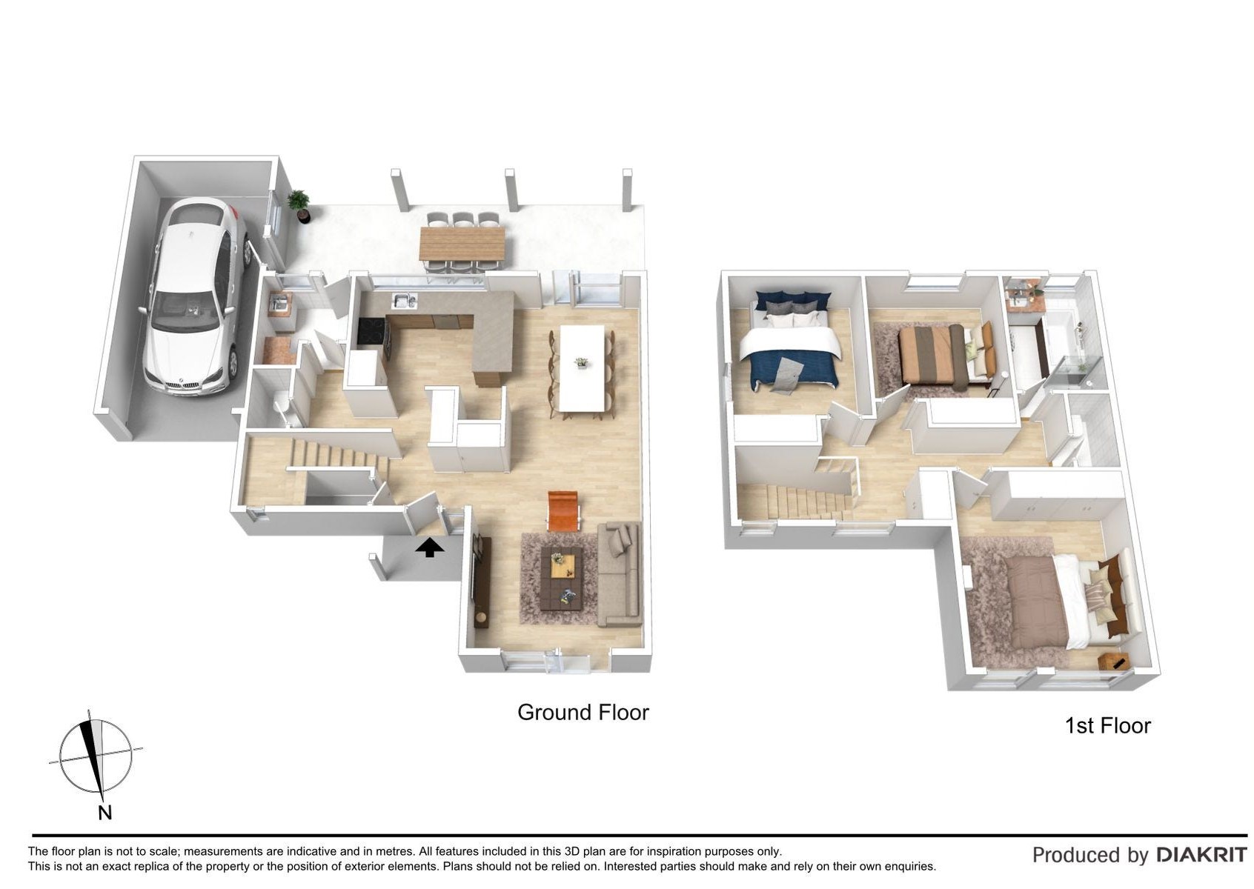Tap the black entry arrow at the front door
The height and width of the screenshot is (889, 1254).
(x=429, y=547)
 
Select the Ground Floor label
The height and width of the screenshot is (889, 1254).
(x=583, y=712)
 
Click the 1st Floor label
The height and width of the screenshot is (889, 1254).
(x=1107, y=725)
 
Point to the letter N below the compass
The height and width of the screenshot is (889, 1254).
(x=104, y=813)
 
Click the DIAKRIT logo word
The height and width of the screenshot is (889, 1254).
(x=1201, y=855)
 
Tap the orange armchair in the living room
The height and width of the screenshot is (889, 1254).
(x=564, y=510)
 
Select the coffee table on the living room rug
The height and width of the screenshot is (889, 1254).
(x=562, y=578)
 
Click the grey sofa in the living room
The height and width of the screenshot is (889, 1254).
(x=619, y=574)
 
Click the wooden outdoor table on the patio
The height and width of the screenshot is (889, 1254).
(x=462, y=244)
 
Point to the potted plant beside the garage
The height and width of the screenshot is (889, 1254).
(x=299, y=205)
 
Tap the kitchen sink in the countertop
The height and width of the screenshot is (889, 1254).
(x=404, y=300)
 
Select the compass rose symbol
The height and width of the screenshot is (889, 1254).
(x=96, y=756)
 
